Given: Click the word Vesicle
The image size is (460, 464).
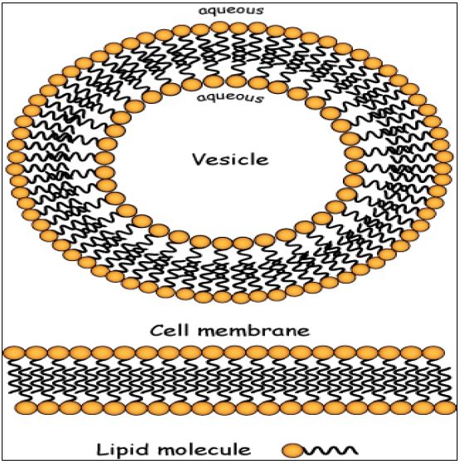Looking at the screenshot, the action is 231,159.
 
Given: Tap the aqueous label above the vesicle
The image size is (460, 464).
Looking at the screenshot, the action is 231,10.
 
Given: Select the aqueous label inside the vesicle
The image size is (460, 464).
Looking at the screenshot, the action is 230,97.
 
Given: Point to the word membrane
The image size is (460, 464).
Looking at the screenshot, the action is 253,330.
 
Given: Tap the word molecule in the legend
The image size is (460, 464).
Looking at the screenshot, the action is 204,450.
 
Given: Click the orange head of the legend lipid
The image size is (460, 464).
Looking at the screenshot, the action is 292,451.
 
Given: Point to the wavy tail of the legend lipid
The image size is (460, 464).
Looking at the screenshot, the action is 330,450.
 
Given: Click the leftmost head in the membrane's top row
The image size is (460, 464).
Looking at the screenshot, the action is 13,353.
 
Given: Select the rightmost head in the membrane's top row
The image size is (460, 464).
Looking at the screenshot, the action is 434,353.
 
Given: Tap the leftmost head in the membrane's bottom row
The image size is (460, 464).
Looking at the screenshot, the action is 26,407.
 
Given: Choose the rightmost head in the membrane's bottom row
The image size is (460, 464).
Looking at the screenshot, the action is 446,407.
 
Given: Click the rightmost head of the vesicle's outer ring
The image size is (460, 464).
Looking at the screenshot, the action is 444,156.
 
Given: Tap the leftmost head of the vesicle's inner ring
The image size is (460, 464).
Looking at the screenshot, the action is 105,158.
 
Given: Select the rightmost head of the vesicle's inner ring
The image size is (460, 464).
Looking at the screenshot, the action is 355,153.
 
